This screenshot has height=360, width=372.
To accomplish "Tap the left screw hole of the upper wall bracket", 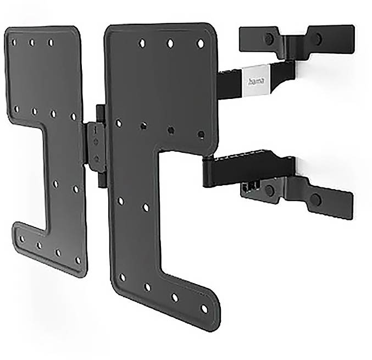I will click(x=269, y=39).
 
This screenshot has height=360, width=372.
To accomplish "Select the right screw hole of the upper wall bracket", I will click(x=316, y=38).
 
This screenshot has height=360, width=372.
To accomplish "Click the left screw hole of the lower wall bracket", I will click(x=269, y=190).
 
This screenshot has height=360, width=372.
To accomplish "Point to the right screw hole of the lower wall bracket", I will click(x=315, y=199).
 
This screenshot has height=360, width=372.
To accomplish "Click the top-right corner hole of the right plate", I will click(x=201, y=43).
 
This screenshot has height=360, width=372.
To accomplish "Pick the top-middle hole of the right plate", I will click(x=170, y=43).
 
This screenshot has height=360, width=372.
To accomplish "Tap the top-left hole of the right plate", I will click(x=142, y=42).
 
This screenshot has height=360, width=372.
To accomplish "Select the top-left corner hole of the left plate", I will click(x=14, y=42).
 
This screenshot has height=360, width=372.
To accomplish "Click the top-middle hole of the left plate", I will click(x=32, y=42).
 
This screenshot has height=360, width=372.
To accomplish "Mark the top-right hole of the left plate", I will click(x=51, y=42).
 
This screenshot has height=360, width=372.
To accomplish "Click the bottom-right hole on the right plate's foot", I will click(x=204, y=309).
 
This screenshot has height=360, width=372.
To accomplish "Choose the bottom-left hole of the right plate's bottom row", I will click(x=123, y=278).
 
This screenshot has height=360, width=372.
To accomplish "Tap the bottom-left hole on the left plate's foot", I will click(x=21, y=239).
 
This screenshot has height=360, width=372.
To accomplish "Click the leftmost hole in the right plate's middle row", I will click(x=118, y=123).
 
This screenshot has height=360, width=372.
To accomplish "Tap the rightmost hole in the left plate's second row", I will click(x=73, y=117).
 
